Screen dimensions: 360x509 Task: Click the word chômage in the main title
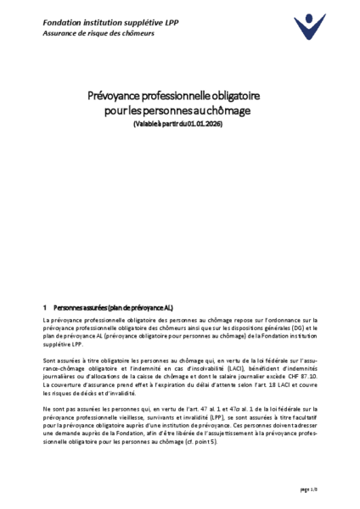pyautogui.click(x=233, y=110)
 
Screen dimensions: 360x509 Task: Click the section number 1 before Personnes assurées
pyautogui.click(x=45, y=305)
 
